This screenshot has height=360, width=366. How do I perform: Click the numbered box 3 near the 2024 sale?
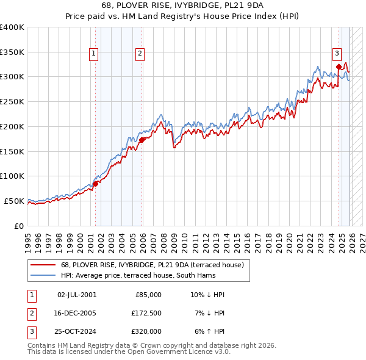336,52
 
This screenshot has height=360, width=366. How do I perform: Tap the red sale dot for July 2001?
95,183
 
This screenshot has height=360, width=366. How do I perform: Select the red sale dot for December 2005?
142,140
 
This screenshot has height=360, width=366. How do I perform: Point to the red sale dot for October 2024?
339,67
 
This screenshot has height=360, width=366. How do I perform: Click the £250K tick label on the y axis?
12,102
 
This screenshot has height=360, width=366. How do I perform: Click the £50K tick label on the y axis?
13,201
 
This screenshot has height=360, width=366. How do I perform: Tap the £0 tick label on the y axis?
18,226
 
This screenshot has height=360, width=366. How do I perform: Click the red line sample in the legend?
43,265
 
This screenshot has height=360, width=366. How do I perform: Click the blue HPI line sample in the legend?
43,275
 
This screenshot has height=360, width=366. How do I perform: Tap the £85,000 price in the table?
148,295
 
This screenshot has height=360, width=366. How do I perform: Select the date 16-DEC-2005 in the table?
76,313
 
